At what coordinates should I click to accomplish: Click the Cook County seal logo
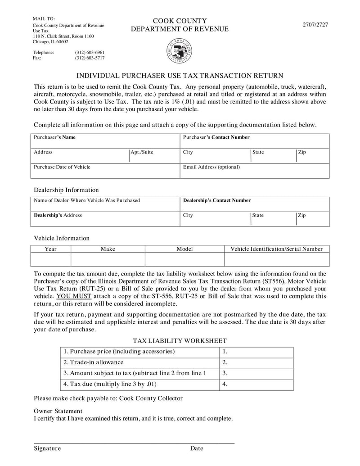180,51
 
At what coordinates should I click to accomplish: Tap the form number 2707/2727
315,25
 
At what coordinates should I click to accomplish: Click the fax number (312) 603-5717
90,58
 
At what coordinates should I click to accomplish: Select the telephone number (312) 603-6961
90,52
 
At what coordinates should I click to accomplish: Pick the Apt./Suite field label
142,152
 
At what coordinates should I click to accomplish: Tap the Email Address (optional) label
211,167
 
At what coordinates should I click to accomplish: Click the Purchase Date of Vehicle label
62,167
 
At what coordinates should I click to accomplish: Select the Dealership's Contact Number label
216,200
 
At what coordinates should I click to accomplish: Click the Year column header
50,249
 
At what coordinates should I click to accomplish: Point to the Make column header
108,249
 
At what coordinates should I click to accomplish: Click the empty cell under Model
184,259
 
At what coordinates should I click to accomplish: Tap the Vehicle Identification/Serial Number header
276,249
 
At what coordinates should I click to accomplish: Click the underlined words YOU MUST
74,296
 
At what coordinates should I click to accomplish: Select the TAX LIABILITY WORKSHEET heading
180,341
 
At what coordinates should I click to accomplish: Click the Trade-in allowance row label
93,362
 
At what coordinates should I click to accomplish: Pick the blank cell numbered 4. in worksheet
256,385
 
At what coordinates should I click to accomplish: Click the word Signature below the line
47,448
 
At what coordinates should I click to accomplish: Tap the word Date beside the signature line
197,448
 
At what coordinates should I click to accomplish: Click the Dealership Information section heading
66,190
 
